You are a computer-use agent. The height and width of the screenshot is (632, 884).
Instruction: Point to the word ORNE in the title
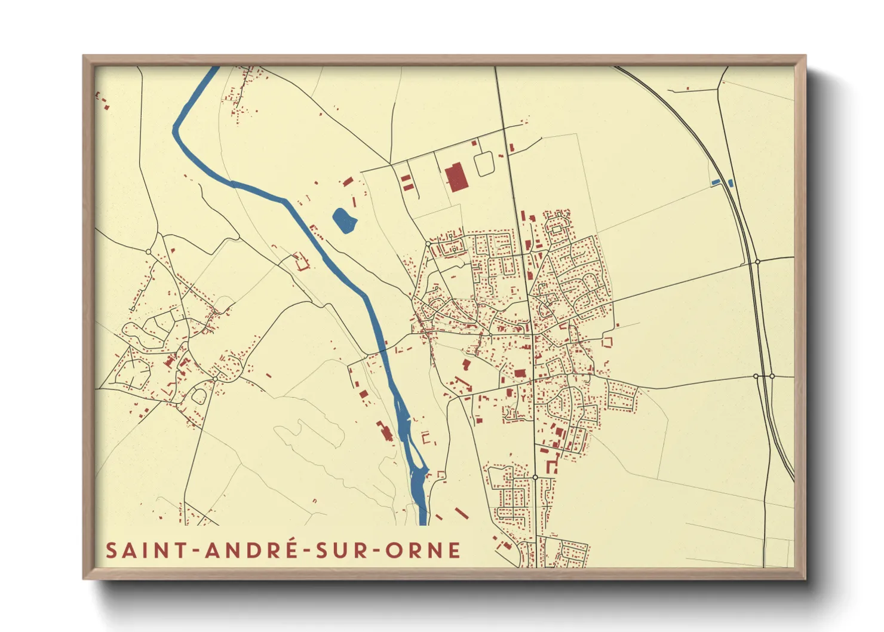(422, 550)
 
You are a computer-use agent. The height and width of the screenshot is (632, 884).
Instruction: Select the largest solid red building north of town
(455, 176)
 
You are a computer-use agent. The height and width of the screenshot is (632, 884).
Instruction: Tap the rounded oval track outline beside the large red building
(484, 164)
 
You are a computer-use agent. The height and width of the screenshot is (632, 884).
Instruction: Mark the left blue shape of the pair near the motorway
(716, 182)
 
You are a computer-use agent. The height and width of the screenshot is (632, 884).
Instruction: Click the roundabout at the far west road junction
(149, 251)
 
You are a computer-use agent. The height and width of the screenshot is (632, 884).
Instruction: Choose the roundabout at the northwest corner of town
(428, 244)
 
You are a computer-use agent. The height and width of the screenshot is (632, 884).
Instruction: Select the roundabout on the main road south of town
(535, 477)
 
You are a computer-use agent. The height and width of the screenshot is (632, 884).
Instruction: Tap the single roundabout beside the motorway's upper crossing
(757, 262)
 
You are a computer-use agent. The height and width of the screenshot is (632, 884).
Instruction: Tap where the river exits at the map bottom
(423, 522)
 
